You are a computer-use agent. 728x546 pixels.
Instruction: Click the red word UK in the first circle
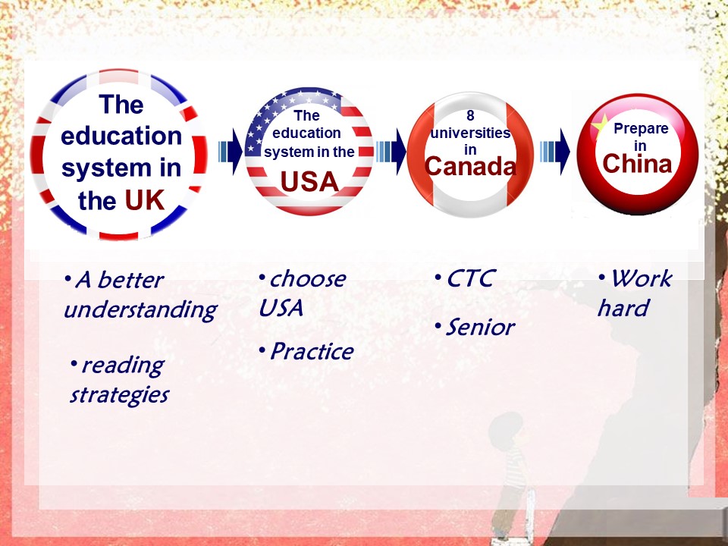point(144,200)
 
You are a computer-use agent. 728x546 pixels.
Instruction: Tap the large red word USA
point(309,181)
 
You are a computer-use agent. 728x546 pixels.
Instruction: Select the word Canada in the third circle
point(470,166)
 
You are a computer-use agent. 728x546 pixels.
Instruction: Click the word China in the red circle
point(637,164)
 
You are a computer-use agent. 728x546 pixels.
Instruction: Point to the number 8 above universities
point(470,115)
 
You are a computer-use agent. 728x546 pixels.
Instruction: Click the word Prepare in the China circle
point(641,129)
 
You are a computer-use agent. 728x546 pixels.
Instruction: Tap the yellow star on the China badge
point(599,124)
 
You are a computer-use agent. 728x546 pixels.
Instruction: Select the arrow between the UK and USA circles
point(230,152)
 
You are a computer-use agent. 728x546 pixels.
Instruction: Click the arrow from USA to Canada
point(391,152)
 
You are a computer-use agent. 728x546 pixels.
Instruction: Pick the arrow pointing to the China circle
point(555,152)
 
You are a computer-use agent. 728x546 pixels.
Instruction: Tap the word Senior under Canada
point(480,328)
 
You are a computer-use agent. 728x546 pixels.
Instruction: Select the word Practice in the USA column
point(312,351)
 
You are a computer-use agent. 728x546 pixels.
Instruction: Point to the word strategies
point(119,395)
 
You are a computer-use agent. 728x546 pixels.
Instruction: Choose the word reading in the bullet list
point(123,366)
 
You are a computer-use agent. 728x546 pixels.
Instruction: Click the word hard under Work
point(623,309)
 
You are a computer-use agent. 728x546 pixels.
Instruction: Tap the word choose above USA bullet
point(308,279)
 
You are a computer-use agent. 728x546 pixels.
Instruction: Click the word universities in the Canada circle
point(470,133)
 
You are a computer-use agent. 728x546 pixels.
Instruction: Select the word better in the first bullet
point(130,280)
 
